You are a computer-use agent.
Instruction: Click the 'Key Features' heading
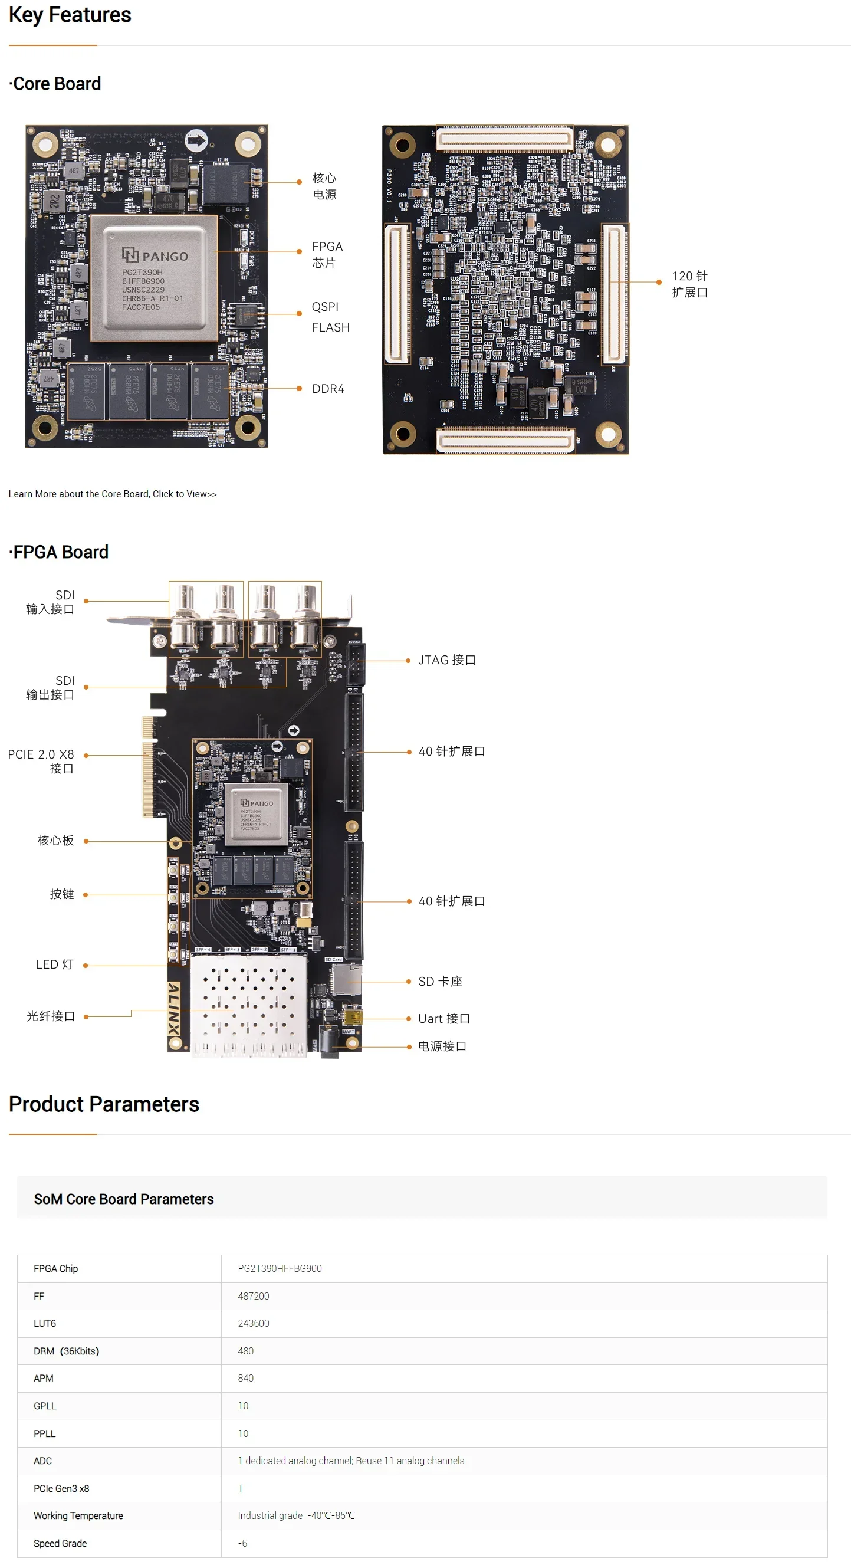click(x=70, y=15)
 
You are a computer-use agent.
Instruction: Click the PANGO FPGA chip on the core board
click(x=154, y=278)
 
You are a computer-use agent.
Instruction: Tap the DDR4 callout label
click(x=328, y=389)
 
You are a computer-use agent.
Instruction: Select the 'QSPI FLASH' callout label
click(x=330, y=317)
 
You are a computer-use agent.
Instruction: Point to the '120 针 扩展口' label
click(x=689, y=284)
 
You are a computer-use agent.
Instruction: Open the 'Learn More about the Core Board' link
click(x=113, y=494)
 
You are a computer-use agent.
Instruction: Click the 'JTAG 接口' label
click(x=447, y=660)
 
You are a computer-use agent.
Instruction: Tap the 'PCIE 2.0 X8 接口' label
click(x=41, y=760)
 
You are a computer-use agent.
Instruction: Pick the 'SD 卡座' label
click(x=441, y=981)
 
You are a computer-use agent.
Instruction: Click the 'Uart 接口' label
click(x=444, y=1018)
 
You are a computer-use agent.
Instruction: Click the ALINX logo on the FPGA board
click(x=174, y=1009)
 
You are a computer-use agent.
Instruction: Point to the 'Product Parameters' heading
click(x=104, y=1104)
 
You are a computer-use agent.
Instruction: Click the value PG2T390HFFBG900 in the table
click(x=280, y=1268)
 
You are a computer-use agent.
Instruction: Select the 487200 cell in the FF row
click(x=254, y=1296)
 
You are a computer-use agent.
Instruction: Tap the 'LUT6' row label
click(x=45, y=1323)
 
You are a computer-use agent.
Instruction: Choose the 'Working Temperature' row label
click(x=78, y=1515)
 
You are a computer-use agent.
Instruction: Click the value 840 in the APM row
click(x=245, y=1378)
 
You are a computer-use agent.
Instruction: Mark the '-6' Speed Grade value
click(x=242, y=1543)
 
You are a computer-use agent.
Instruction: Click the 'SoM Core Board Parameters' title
click(x=124, y=1199)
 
